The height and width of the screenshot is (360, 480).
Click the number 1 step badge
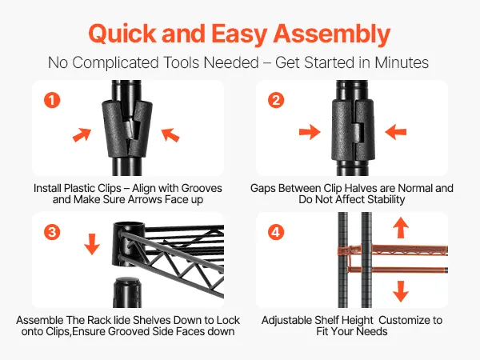pyautogui.click(x=52, y=100)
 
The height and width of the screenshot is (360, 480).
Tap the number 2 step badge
pyautogui.click(x=276, y=100)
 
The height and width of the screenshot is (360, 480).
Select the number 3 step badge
pyautogui.click(x=52, y=232)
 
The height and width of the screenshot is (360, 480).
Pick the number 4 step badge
pyautogui.click(x=276, y=232)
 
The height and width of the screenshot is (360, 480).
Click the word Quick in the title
pyautogui.click(x=122, y=34)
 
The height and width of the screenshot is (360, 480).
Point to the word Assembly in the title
pyautogui.click(x=331, y=34)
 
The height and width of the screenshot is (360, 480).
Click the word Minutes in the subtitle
pyautogui.click(x=402, y=62)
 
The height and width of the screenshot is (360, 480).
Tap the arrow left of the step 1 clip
pyautogui.click(x=82, y=134)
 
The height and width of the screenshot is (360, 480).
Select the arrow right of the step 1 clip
pyautogui.click(x=170, y=135)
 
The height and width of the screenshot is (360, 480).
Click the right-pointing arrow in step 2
pyautogui.click(x=310, y=132)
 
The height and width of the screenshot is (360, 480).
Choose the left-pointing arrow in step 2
pyautogui.click(x=395, y=132)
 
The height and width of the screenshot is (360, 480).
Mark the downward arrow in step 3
pyautogui.click(x=92, y=244)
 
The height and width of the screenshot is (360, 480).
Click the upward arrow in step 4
pyautogui.click(x=401, y=227)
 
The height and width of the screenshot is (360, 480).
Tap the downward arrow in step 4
pyautogui.click(x=401, y=291)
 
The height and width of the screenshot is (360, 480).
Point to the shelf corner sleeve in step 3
pyautogui.click(x=128, y=245)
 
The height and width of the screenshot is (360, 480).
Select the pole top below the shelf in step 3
pyautogui.click(x=127, y=292)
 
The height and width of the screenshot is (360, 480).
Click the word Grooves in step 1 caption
pyautogui.click(x=202, y=188)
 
